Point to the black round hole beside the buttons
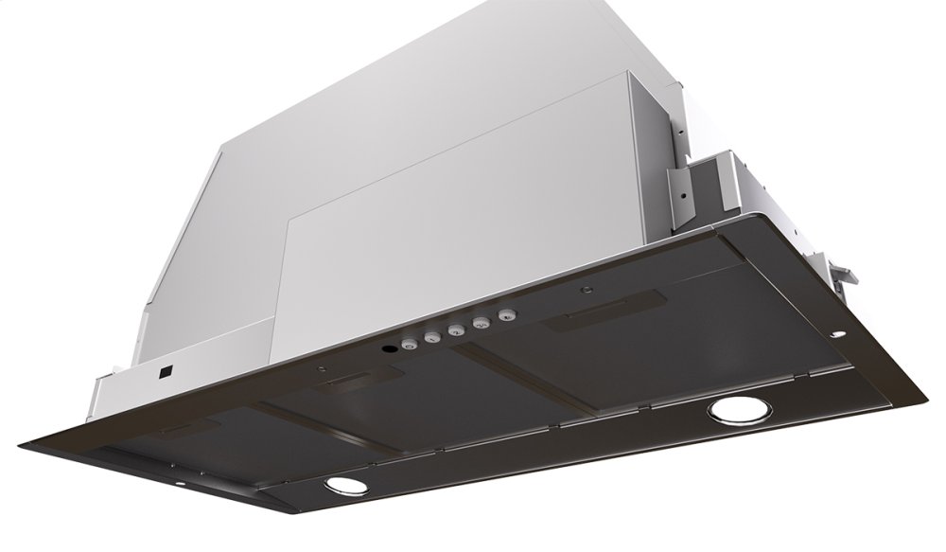click(388, 350)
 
